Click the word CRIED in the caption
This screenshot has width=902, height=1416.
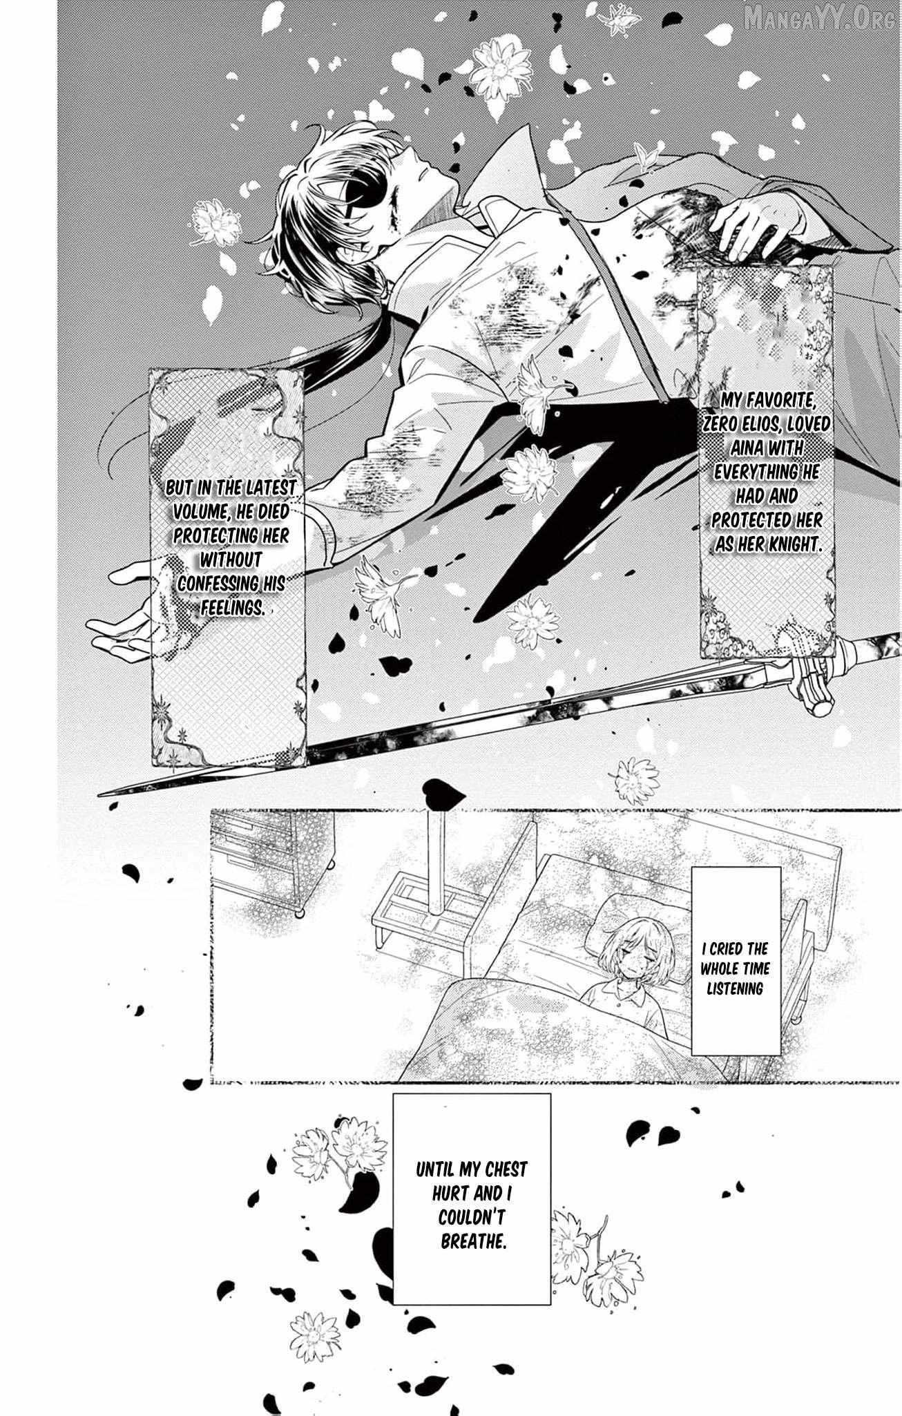point(731,950)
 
